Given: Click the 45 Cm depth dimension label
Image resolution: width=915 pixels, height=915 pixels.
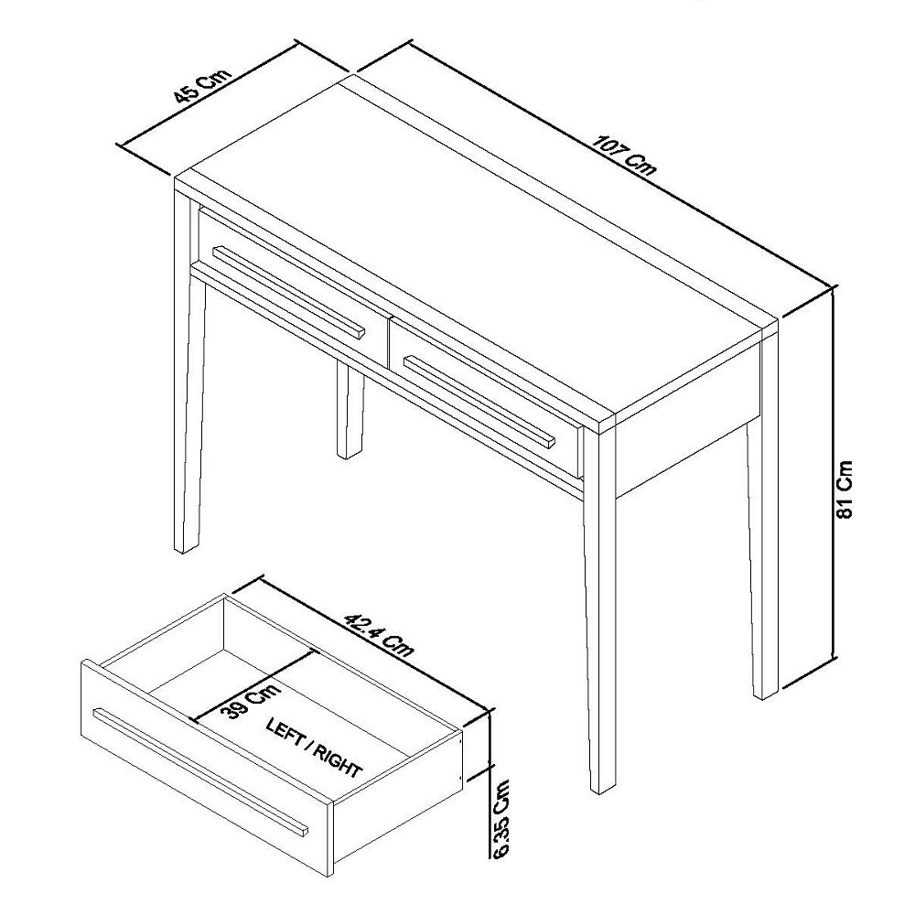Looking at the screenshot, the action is coord(203,85).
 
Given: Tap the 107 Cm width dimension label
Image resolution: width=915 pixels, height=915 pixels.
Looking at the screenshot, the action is coord(624,156).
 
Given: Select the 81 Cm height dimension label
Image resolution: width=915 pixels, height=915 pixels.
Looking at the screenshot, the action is coord(845,489).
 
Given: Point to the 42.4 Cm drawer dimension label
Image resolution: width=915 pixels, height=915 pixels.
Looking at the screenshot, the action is coord(379,635).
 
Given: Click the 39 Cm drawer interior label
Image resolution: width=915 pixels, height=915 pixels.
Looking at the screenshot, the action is coord(251,700).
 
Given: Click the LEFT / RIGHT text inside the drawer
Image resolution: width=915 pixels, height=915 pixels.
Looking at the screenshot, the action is coord(313,748).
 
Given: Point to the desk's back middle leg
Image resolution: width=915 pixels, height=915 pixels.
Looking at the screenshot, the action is coord(350,411).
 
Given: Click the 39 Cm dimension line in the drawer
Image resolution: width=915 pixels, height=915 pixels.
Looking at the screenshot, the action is coord(253,685).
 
